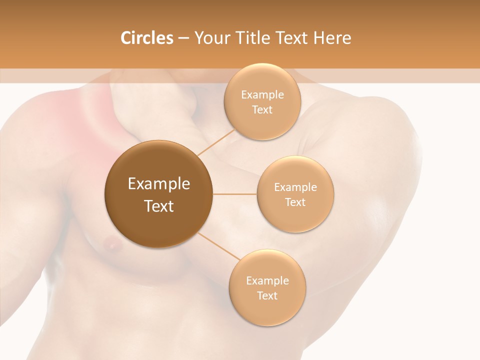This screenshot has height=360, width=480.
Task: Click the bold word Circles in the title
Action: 147,38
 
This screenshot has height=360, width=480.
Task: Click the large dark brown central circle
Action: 158,194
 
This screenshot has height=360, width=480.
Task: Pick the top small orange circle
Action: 262,101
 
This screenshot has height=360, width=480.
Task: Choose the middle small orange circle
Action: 295,194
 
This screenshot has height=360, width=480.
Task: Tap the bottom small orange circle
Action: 267,287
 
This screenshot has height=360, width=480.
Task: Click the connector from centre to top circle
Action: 216,141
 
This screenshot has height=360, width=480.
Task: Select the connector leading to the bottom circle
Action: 216,245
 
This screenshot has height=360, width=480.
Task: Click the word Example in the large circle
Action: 158,184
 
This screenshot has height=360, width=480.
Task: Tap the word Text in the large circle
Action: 158,206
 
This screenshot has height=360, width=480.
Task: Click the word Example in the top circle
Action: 262,95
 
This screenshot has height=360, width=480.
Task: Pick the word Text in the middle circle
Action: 295,202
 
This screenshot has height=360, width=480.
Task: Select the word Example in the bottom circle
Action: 267,281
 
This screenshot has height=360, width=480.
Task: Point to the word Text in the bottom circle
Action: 267,295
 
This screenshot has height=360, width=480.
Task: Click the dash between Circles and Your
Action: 183,38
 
